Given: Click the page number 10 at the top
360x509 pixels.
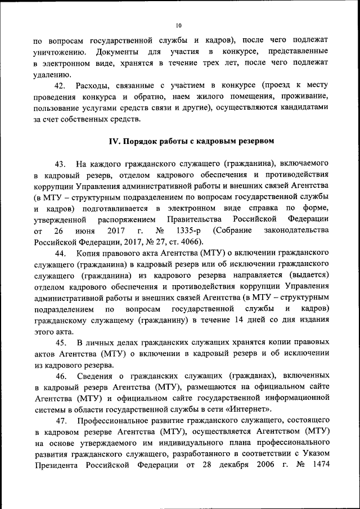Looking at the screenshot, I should coord(179,25).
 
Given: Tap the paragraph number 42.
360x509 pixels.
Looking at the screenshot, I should coord(60,85).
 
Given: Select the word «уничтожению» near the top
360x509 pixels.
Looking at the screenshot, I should coord(59,52).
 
